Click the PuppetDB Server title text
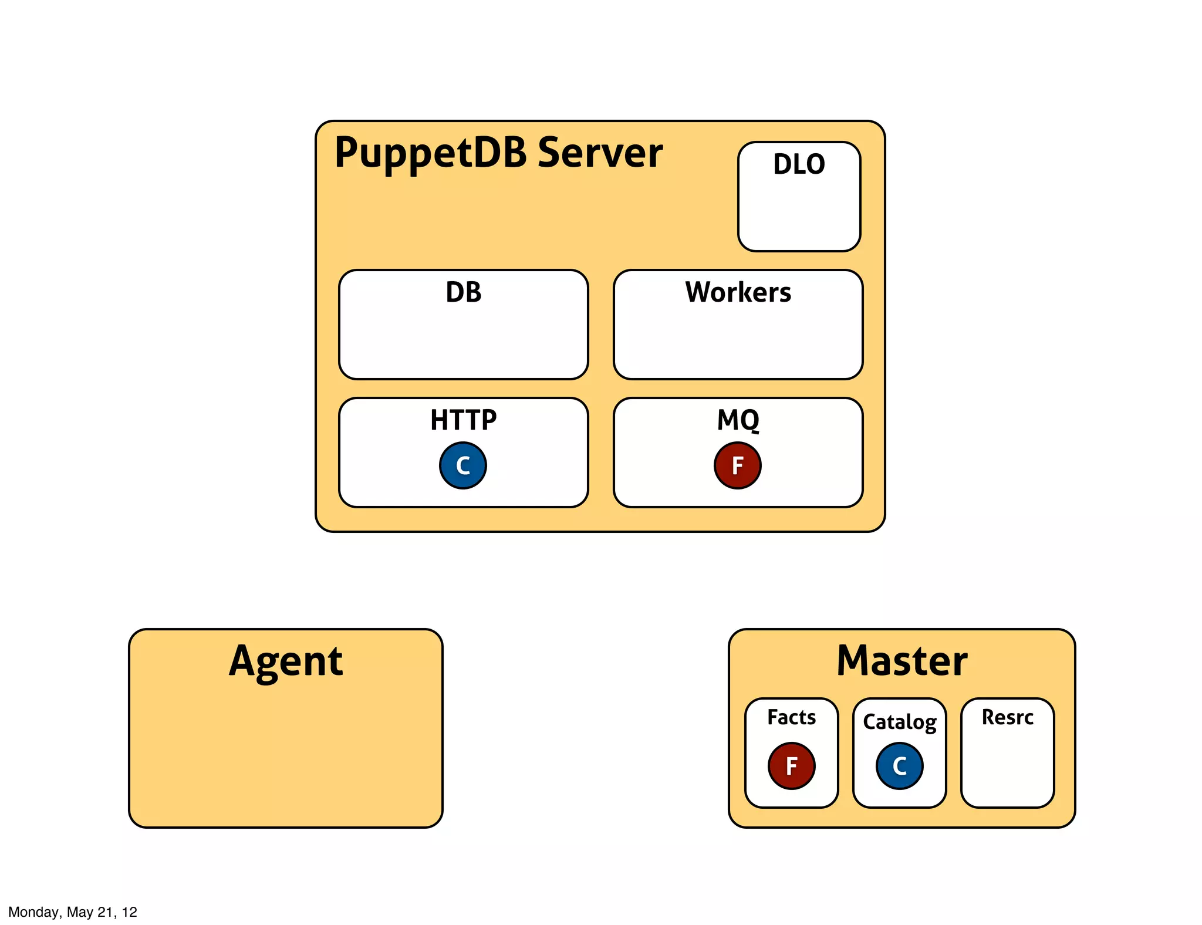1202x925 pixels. pyautogui.click(x=498, y=153)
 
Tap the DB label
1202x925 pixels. pyautogui.click(x=463, y=292)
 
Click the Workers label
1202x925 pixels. pyautogui.click(x=738, y=292)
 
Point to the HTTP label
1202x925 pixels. pyautogui.click(x=463, y=420)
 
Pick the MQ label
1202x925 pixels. pyautogui.click(x=738, y=420)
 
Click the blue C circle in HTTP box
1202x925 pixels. pyautogui.click(x=463, y=465)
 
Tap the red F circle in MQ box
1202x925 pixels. pyautogui.click(x=738, y=465)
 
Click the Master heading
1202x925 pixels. pyautogui.click(x=901, y=661)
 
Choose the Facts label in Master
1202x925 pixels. pyautogui.click(x=791, y=717)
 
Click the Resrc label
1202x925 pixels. pyautogui.click(x=1007, y=717)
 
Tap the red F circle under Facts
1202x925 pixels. pyautogui.click(x=791, y=765)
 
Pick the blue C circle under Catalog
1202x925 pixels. pyautogui.click(x=899, y=765)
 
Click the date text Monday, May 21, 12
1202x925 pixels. pyautogui.click(x=73, y=912)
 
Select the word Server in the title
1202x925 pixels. pyautogui.click(x=600, y=153)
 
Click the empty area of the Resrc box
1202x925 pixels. pyautogui.click(x=1007, y=769)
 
